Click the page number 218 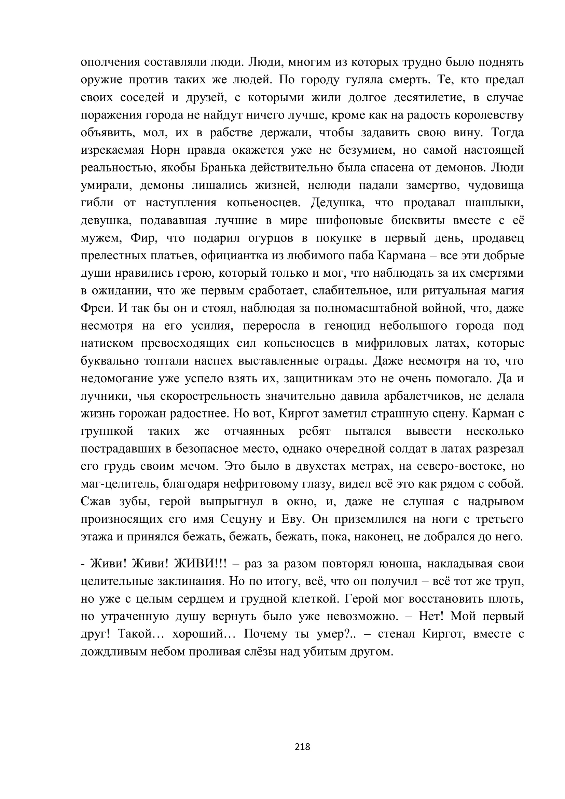(302, 746)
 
